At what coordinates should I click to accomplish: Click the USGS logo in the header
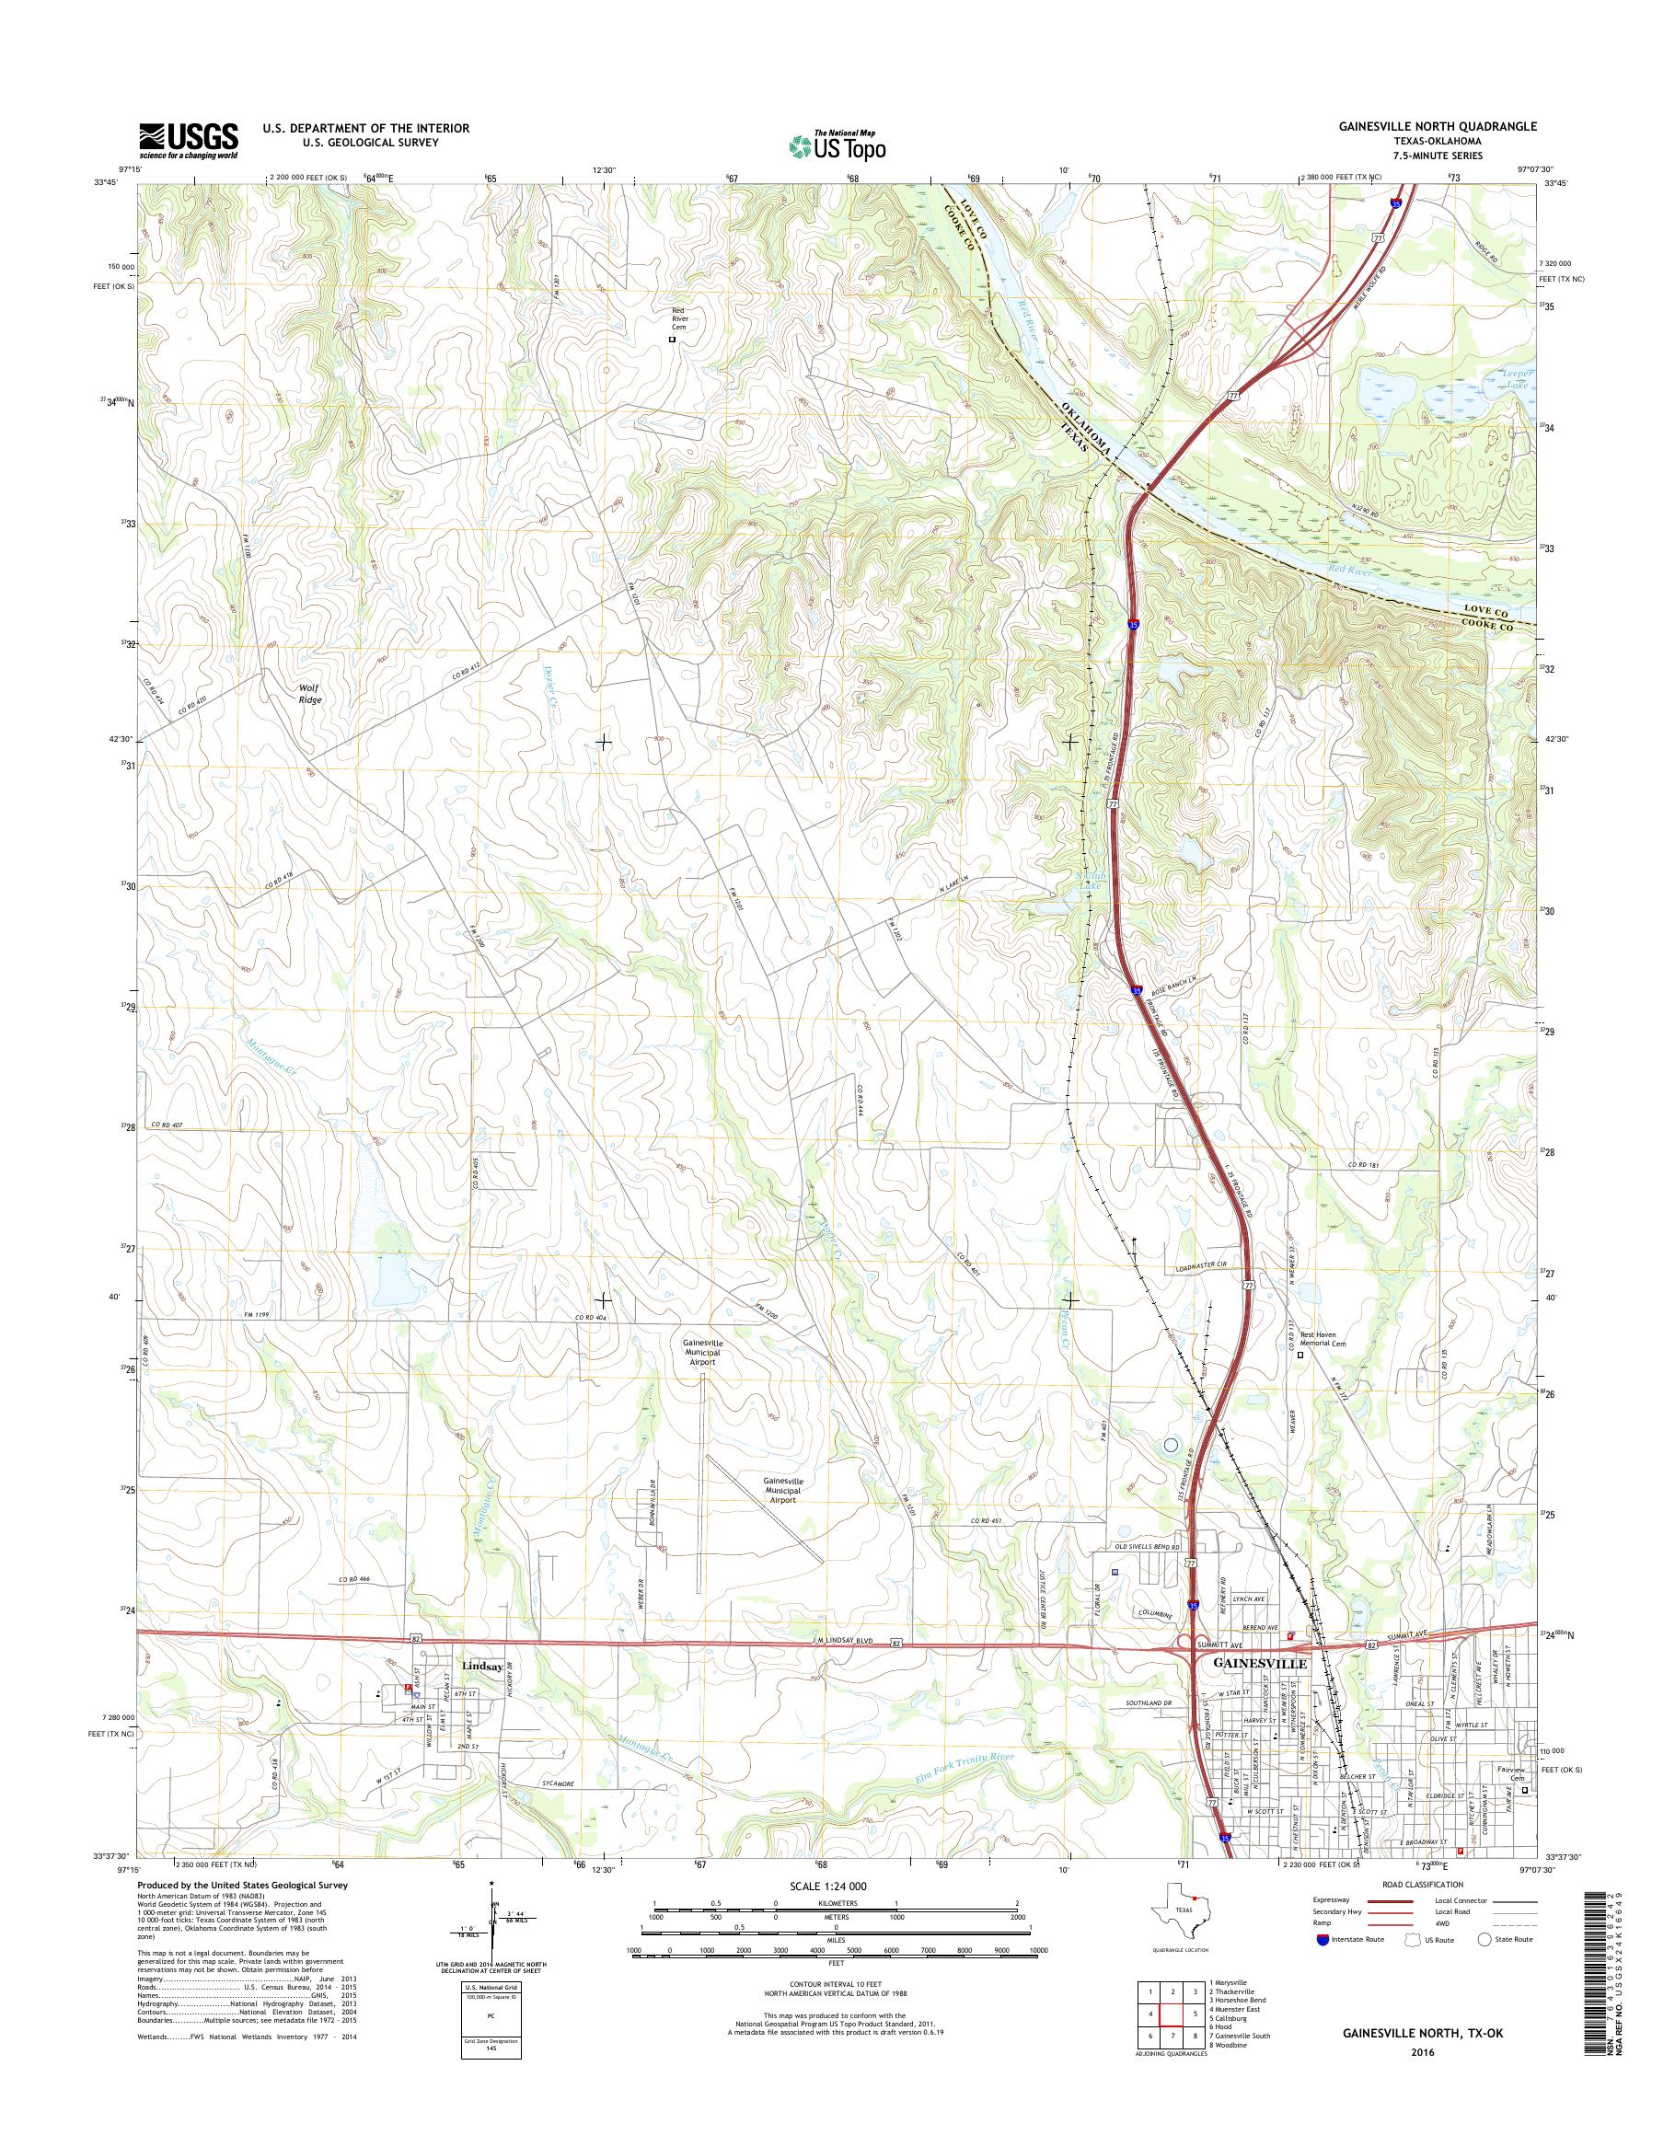coord(189,140)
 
